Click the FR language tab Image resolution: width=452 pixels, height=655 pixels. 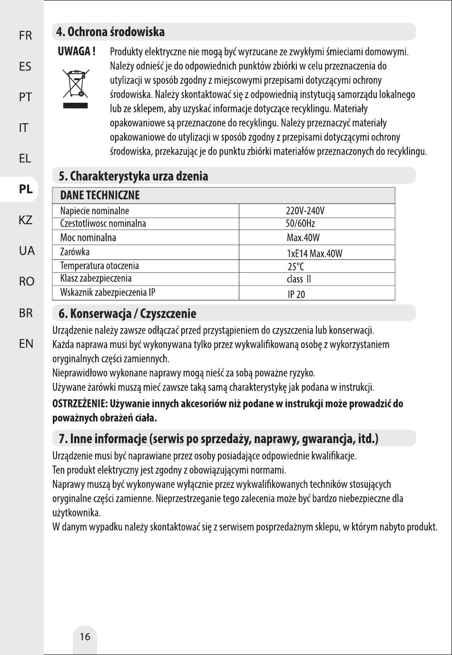tap(25, 36)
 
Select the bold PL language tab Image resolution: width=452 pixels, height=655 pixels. tap(26, 189)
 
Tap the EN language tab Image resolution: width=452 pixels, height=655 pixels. tap(26, 343)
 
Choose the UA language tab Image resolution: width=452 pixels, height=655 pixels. tap(27, 251)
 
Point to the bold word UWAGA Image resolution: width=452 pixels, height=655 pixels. tap(76, 51)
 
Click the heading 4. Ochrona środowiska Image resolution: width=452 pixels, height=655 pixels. tap(110, 32)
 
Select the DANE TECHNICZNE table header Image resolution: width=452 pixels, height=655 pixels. tap(100, 195)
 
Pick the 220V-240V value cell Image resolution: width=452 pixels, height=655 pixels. tap(305, 211)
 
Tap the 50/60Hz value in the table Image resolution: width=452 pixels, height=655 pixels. tap(300, 224)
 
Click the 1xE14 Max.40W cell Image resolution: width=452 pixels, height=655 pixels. tap(314, 253)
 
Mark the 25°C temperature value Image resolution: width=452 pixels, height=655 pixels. tap(295, 267)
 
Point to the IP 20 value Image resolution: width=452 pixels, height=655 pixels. tap(296, 295)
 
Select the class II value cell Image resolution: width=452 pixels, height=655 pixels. tap(299, 279)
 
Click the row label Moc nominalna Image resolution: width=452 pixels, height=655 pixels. tap(88, 238)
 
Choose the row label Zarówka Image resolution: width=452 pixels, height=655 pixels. tap(75, 252)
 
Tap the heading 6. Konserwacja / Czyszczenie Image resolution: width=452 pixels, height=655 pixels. tap(127, 314)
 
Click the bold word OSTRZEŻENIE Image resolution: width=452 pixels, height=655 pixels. tap(79, 404)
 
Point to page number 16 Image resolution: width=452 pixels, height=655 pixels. tap(85, 637)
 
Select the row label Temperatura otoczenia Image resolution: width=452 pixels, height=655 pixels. tap(99, 266)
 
